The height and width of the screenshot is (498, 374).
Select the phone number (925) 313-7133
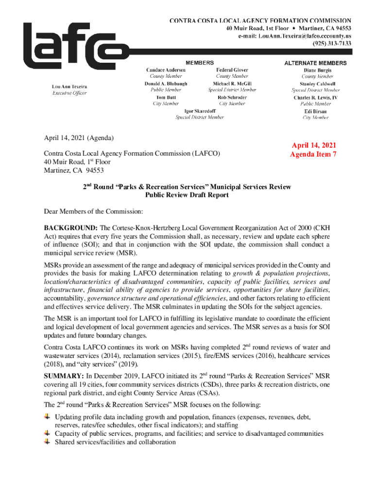tap(332, 43)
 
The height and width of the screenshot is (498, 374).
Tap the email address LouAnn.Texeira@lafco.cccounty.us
tap(298, 36)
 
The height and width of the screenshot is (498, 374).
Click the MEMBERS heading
tap(200, 63)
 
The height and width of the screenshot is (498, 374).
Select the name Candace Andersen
tap(166, 70)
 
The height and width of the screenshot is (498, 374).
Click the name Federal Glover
tap(232, 70)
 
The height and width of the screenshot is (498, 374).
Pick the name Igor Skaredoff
tap(200, 111)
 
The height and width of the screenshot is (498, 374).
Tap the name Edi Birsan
tap(315, 111)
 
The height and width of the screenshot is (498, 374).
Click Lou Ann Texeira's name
tap(70, 87)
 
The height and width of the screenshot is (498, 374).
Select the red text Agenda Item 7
tap(313, 155)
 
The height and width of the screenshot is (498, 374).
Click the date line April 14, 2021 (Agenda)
tap(79, 138)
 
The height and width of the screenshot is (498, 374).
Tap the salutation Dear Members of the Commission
tap(94, 212)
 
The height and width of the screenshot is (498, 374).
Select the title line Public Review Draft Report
tap(187, 195)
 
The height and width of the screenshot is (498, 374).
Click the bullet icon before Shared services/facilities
tap(47, 442)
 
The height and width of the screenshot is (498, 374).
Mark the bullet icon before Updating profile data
tap(47, 417)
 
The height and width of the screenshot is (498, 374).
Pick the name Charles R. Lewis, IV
tap(315, 97)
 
